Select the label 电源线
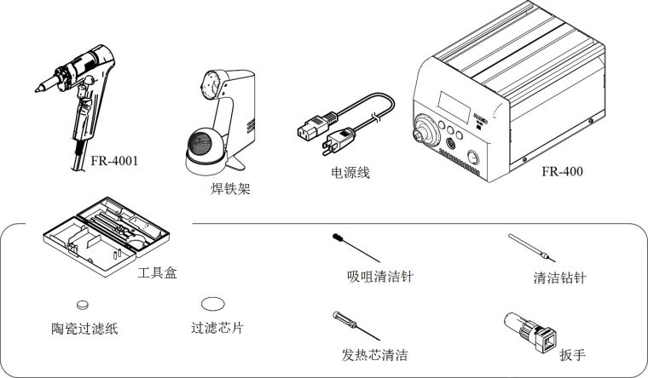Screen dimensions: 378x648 350,173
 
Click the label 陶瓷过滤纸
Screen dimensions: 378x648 84,327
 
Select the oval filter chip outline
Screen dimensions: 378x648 213,303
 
